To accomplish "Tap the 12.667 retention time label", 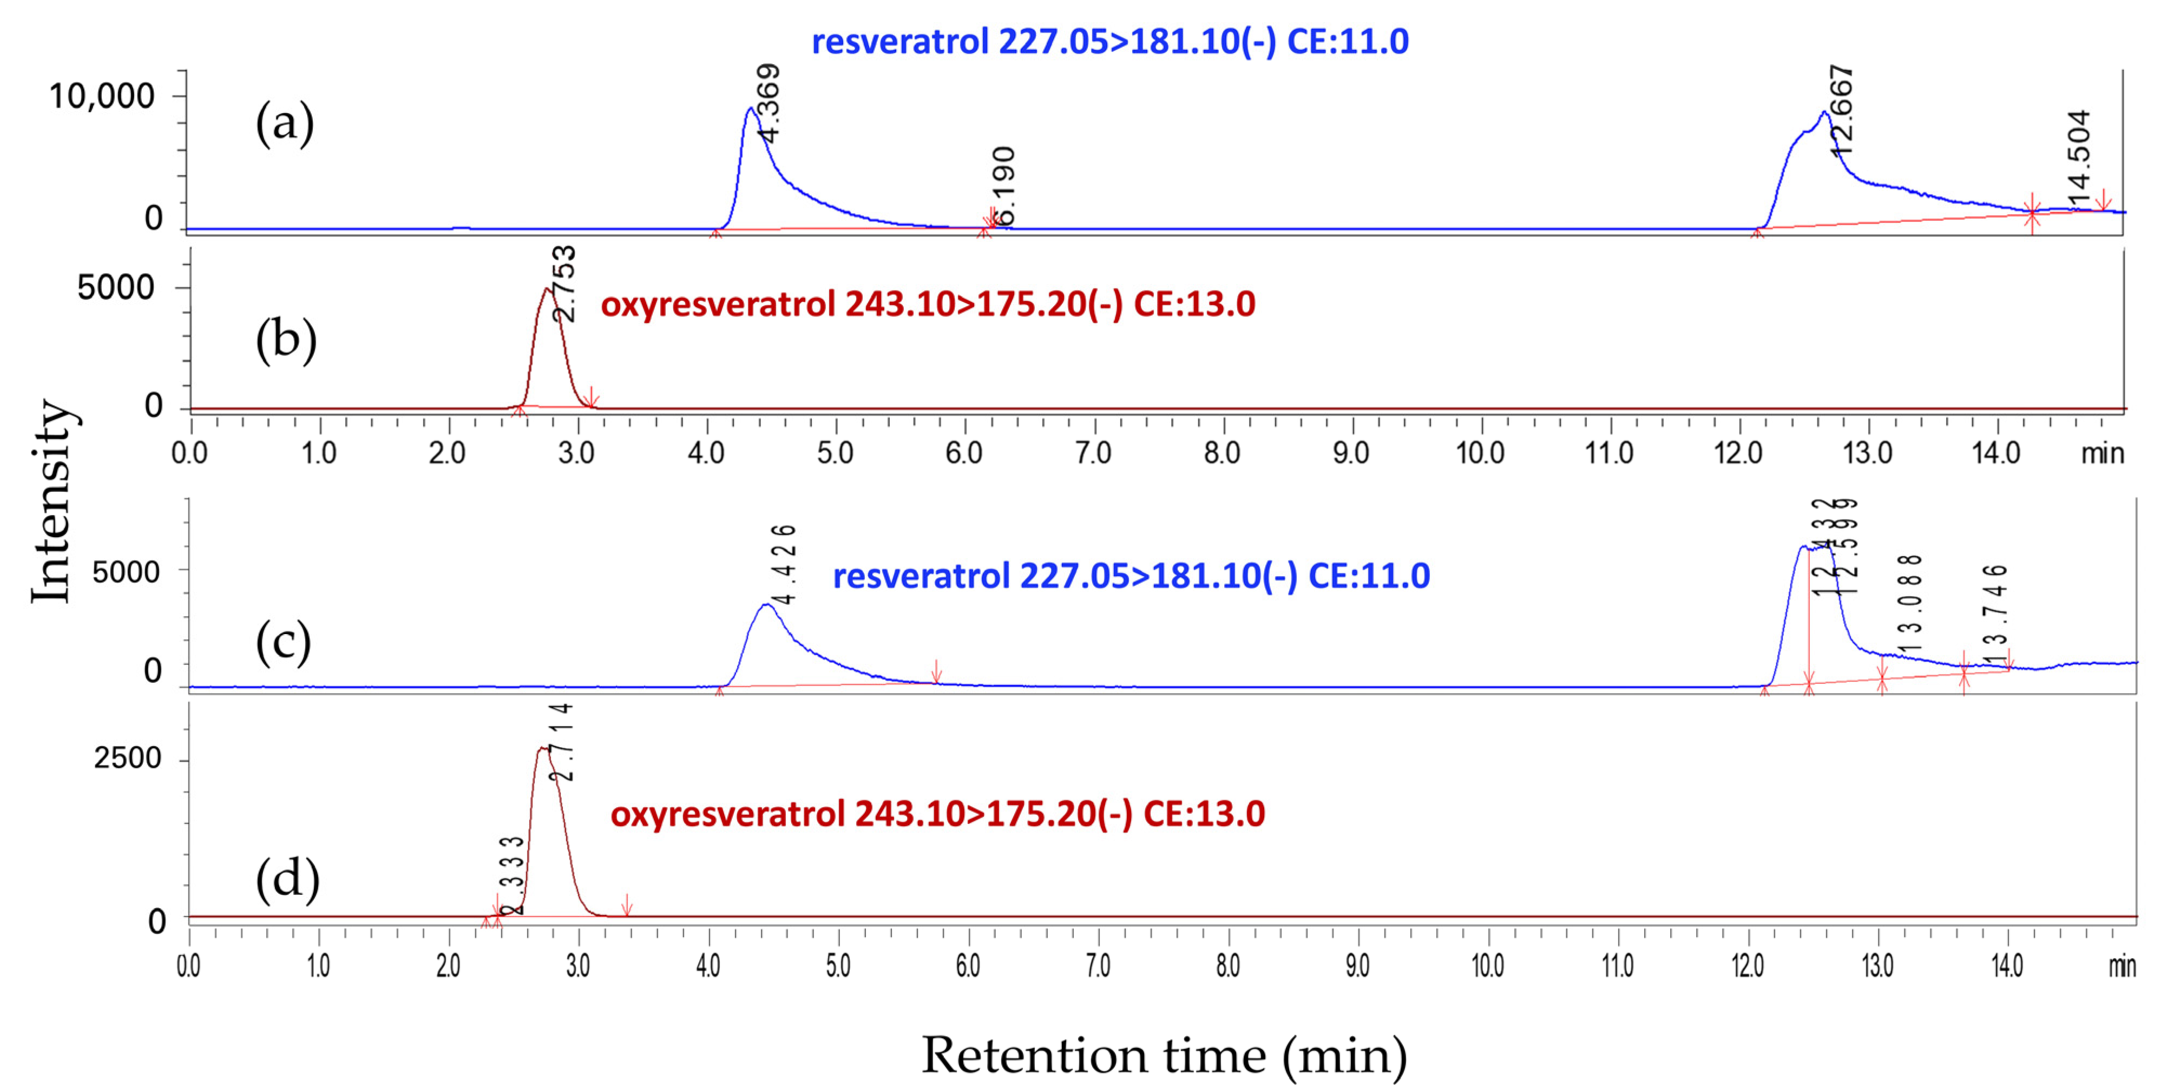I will click(1841, 111).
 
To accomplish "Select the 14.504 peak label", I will click(2079, 157).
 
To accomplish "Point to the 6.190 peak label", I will click(1003, 186).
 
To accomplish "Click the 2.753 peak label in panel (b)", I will click(564, 283).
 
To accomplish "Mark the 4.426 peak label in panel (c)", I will click(784, 564).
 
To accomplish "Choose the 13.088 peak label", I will click(1908, 603).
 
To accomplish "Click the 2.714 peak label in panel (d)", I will click(561, 742).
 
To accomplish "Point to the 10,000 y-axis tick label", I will click(102, 96).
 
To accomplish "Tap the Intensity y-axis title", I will click(52, 501).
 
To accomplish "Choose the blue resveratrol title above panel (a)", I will click(1110, 41).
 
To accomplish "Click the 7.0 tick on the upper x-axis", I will click(1093, 453).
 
